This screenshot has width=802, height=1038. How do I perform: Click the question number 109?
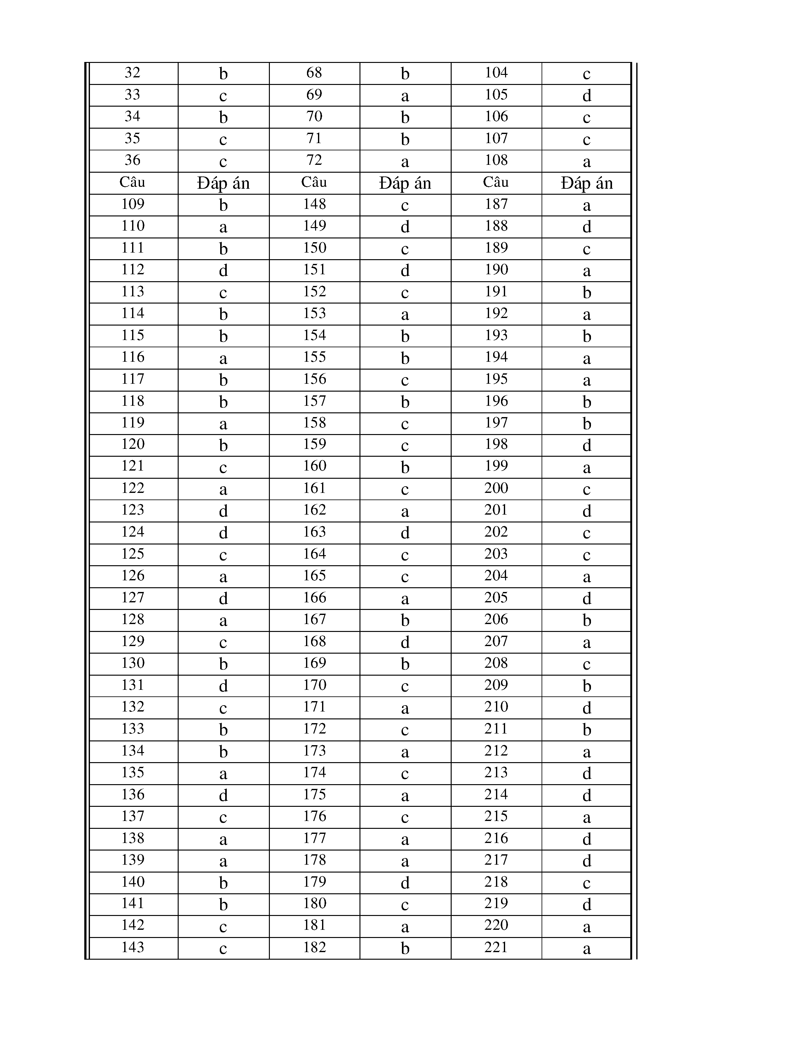pos(132,204)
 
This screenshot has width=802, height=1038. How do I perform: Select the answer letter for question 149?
pos(405,227)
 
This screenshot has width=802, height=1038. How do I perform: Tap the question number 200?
pos(496,488)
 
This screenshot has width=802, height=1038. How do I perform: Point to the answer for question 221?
pos(586,949)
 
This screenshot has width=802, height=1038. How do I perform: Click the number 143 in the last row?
pos(132,947)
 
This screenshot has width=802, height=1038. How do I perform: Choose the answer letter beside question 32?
pos(223,74)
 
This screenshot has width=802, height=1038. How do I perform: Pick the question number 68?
pos(314,73)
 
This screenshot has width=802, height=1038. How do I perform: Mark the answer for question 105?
pos(586,96)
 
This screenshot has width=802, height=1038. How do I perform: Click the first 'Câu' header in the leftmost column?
pos(132,182)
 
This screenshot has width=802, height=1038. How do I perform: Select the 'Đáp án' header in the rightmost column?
pos(586,183)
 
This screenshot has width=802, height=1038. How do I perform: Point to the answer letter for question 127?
pos(223,598)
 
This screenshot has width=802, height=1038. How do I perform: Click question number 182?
pos(314,947)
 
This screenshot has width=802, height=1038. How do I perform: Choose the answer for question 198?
pos(586,445)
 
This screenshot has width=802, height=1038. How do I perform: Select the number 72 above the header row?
pos(314,160)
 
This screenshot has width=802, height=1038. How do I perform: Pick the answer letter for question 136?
pos(223,795)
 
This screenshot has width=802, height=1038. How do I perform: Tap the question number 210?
pos(496,707)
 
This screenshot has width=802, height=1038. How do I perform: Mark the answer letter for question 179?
pos(405,883)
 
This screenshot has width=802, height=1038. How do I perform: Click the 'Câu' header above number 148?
pos(314,182)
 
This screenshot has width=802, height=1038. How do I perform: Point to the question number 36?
pos(132,160)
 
